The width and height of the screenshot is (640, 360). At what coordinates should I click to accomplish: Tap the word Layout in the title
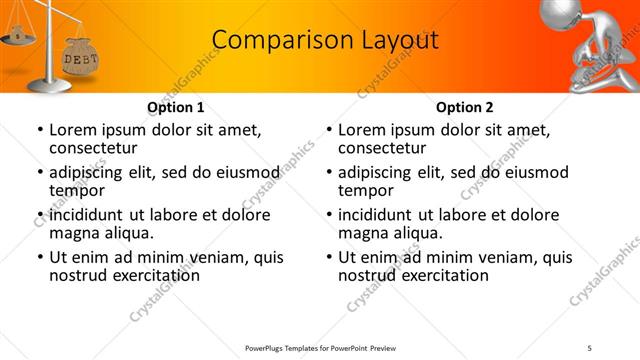click(396, 40)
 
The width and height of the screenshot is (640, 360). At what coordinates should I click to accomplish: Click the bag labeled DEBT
click(81, 59)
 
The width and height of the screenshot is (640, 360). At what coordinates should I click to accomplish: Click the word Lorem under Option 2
click(361, 129)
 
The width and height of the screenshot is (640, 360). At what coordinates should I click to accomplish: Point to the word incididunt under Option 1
click(93, 215)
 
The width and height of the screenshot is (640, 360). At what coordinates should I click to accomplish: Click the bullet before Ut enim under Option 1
click(39, 257)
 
